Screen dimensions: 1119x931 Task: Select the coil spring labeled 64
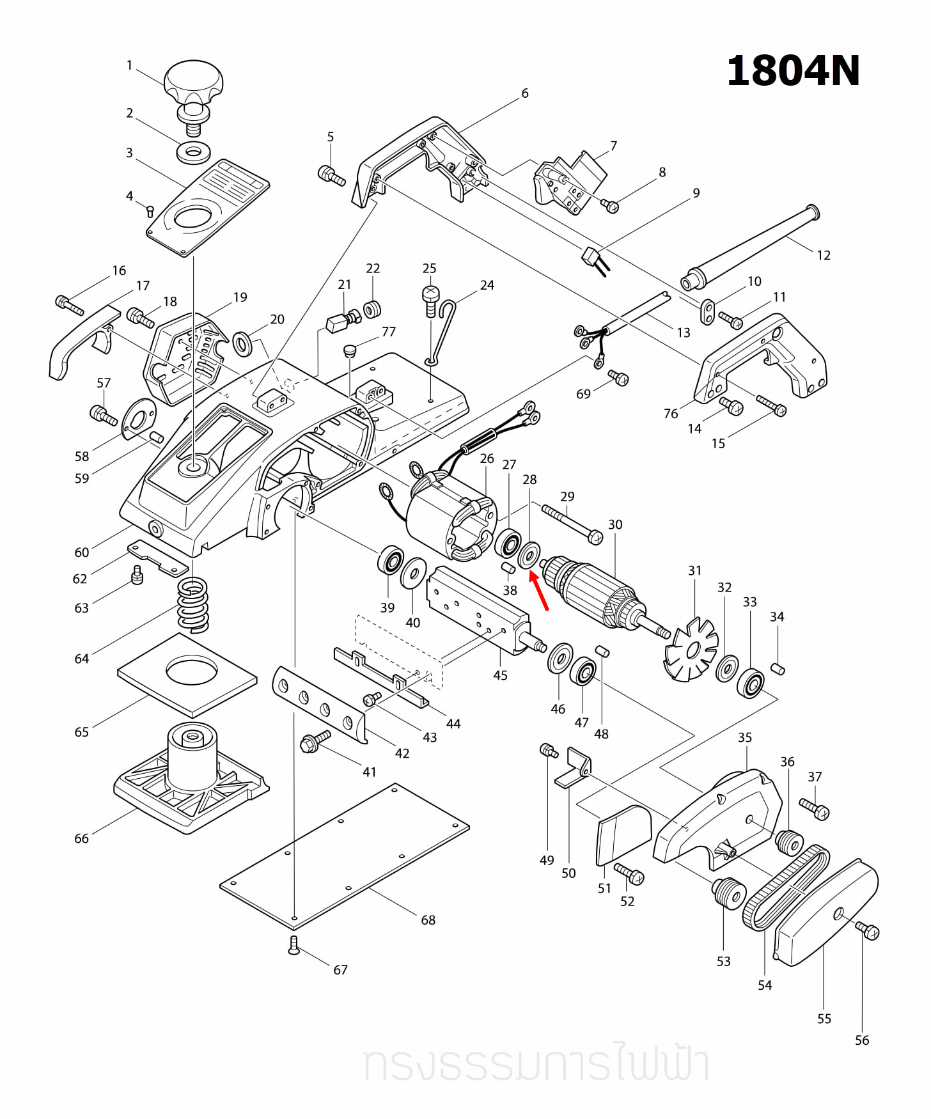coord(192,604)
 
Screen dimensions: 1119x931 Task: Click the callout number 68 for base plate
coord(428,919)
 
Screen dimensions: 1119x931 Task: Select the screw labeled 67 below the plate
coord(293,945)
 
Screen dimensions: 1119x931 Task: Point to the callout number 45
coord(500,675)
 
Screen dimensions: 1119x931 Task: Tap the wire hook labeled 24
coord(441,333)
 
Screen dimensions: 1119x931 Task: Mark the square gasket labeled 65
coord(187,675)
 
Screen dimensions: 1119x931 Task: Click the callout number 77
coord(389,331)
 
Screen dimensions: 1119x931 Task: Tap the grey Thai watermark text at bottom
coord(536,1063)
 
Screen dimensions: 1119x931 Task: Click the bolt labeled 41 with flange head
coord(315,742)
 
